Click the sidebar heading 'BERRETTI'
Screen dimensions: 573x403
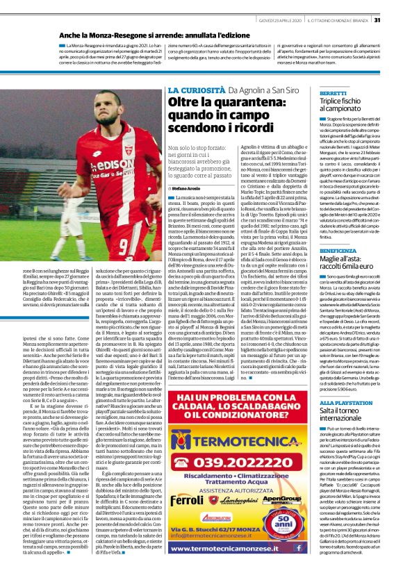pyautogui.click(x=333, y=93)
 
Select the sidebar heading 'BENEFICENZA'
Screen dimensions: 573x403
pyautogui.click(x=338, y=248)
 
